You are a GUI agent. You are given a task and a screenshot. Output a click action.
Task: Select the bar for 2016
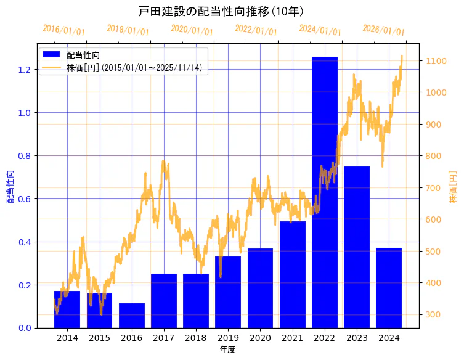click(x=132, y=316)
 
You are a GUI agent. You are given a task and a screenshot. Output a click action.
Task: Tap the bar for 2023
click(x=357, y=247)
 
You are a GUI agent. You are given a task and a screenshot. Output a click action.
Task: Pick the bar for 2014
click(x=67, y=309)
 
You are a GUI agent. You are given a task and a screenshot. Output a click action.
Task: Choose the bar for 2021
click(x=293, y=274)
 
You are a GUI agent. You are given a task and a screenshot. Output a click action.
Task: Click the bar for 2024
click(x=389, y=288)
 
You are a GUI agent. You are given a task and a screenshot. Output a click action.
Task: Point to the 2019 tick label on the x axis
click(x=228, y=338)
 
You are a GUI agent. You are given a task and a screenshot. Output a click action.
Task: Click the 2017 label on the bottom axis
click(x=164, y=338)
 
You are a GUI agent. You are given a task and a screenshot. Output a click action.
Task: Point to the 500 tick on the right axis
click(x=430, y=252)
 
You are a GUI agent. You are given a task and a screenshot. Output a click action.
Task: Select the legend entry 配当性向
click(x=83, y=55)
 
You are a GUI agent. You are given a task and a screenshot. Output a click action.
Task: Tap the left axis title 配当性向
click(x=10, y=187)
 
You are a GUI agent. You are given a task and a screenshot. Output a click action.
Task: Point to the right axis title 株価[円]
click(x=453, y=187)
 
